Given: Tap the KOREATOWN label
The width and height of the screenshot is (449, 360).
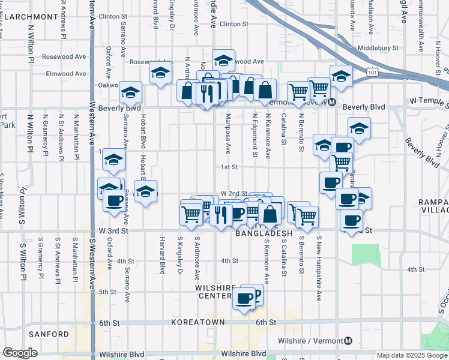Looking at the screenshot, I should coord(198,322).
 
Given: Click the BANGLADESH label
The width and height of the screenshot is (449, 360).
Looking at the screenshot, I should coord(265,233).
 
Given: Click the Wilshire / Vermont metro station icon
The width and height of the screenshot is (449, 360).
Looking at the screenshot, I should coord(348,341).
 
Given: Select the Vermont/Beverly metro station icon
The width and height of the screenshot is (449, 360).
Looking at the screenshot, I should coord(331,102).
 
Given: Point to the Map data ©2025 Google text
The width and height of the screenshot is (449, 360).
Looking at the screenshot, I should coord(412,355).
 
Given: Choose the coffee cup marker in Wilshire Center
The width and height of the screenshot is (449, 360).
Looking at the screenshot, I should coord(244,298).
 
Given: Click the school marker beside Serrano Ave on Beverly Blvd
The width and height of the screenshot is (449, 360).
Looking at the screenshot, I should coord(130,93).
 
